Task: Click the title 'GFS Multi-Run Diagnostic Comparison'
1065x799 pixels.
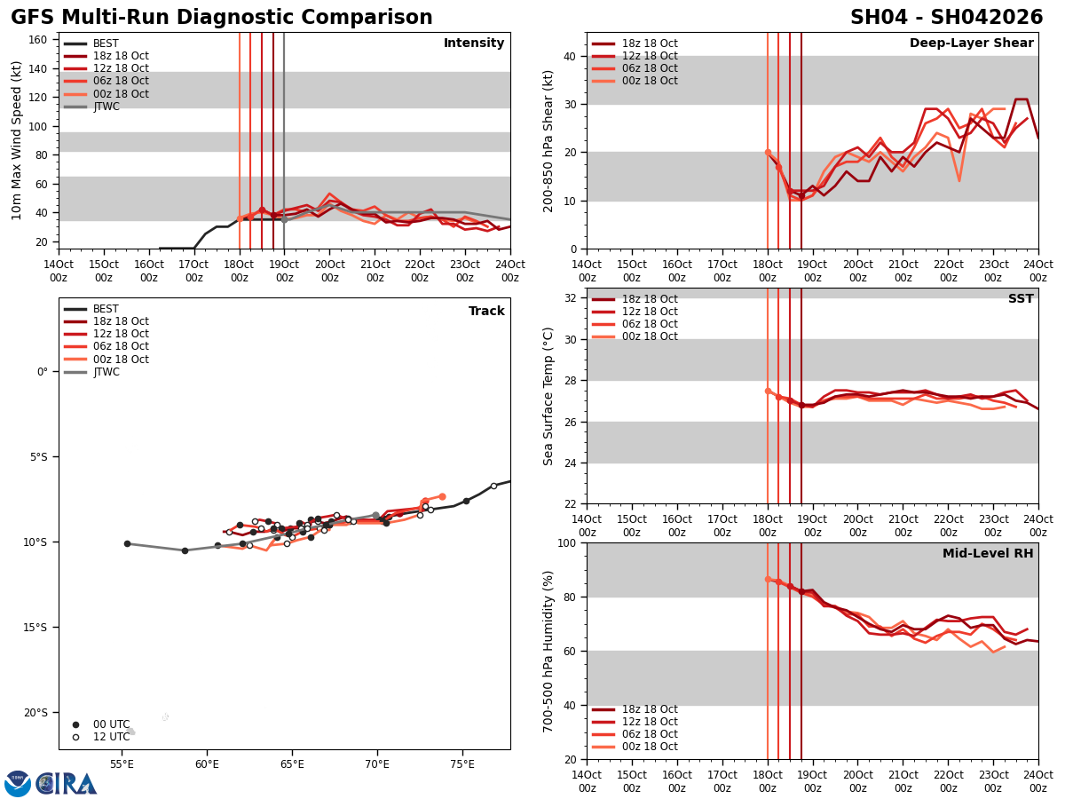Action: click(x=222, y=18)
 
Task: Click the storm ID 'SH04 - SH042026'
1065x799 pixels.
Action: click(x=946, y=18)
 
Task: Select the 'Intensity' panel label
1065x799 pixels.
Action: click(x=474, y=44)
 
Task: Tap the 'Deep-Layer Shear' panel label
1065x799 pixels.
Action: click(x=971, y=44)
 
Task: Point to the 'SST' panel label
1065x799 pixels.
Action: click(x=1021, y=299)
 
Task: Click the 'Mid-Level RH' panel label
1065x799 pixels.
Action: click(x=988, y=554)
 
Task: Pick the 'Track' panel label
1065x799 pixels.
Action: click(x=486, y=312)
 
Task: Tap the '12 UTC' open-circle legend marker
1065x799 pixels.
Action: click(x=76, y=737)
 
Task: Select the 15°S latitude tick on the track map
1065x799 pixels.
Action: click(x=35, y=627)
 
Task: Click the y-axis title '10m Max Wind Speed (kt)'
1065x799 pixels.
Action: click(x=17, y=140)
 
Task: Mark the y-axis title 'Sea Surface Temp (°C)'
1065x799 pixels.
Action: click(x=548, y=396)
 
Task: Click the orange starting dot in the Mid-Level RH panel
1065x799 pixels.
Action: click(x=768, y=579)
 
